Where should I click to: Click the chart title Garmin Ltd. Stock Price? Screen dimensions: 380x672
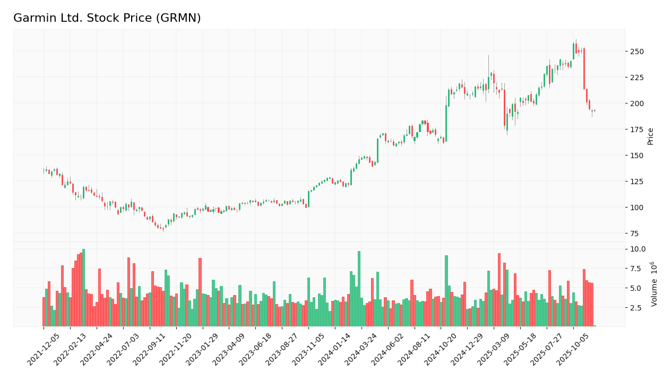click(x=107, y=18)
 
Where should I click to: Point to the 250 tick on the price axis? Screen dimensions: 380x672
click(x=637, y=51)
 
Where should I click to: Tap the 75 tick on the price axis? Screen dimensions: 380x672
click(x=635, y=233)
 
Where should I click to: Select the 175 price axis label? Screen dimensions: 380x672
click(x=637, y=129)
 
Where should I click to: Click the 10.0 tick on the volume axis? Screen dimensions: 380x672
click(x=637, y=249)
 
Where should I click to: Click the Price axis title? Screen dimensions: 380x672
click(x=650, y=136)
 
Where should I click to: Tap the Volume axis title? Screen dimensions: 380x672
click(x=654, y=283)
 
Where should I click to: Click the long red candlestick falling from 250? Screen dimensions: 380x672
click(x=584, y=69)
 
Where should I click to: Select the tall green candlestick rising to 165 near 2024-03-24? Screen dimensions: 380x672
click(x=377, y=150)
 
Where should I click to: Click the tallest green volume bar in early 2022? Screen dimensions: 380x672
click(x=83, y=288)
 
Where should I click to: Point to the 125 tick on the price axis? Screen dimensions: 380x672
click(x=637, y=182)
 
